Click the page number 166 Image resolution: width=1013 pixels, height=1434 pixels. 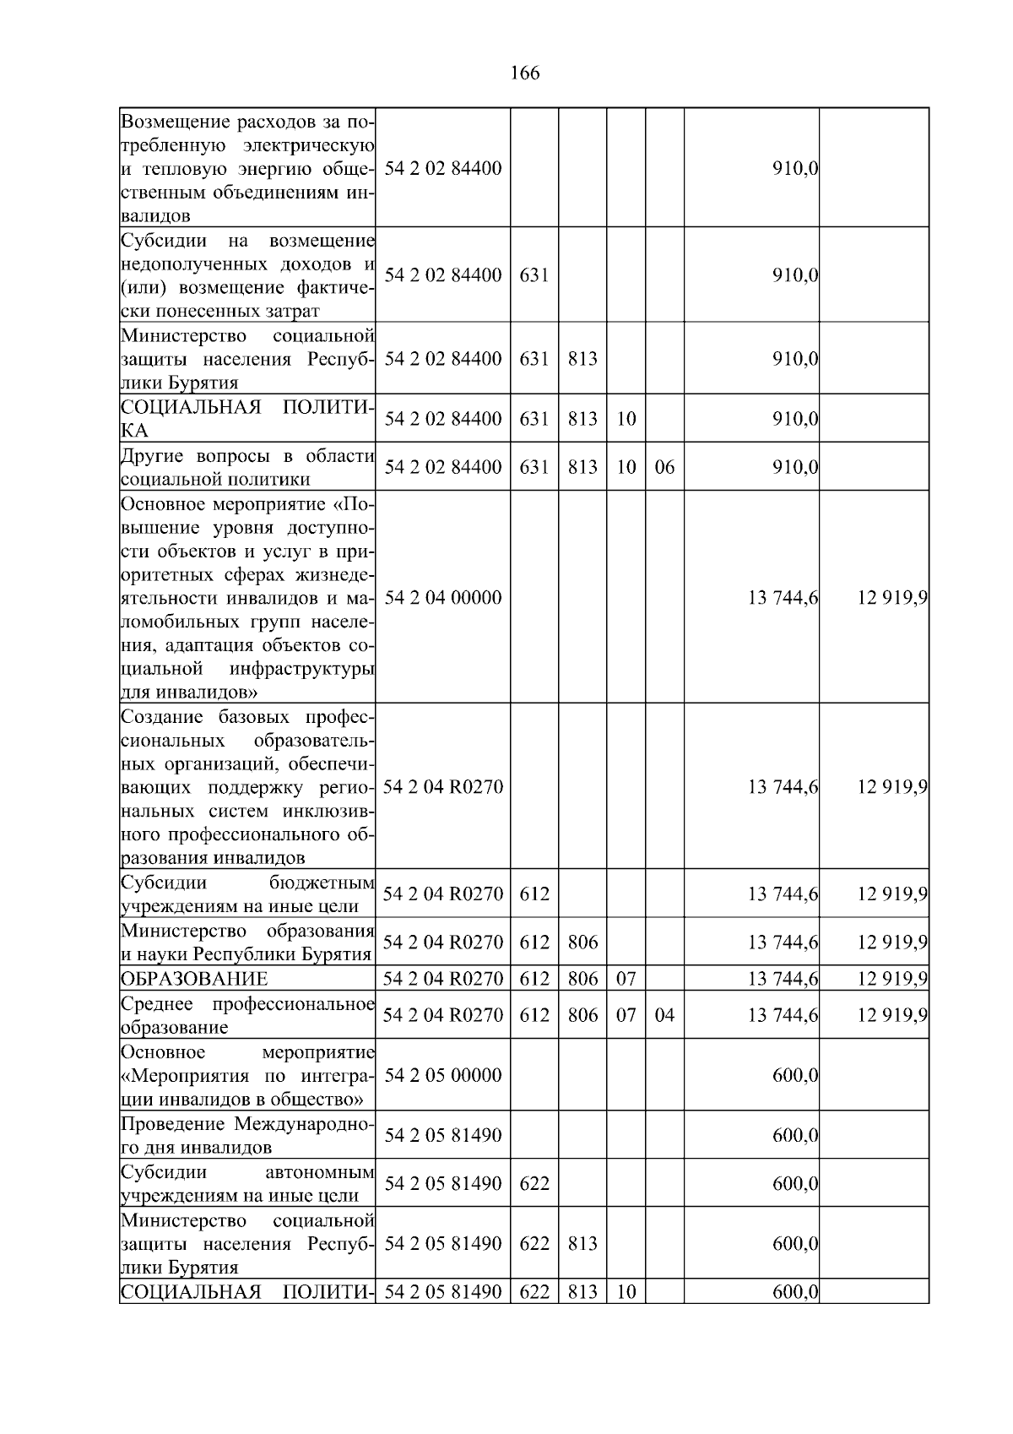tap(525, 73)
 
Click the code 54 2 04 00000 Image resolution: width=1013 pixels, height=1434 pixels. tap(442, 598)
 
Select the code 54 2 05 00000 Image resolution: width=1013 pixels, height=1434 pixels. tap(442, 1075)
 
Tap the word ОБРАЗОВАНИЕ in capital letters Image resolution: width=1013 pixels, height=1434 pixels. tap(194, 979)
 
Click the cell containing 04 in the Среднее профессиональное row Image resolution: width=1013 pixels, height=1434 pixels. tap(664, 1015)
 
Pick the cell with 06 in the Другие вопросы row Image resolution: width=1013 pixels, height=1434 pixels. tap(664, 467)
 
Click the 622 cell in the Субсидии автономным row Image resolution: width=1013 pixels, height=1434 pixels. tap(534, 1184)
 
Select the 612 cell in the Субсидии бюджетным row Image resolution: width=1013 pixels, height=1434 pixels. tap(534, 894)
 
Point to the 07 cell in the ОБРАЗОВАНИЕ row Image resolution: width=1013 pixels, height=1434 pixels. tap(626, 979)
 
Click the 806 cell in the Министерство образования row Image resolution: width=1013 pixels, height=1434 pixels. tap(582, 942)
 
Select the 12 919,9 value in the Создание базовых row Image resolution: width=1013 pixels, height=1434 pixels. tap(892, 787)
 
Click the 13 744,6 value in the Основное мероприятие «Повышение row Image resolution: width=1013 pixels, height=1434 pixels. tap(783, 598)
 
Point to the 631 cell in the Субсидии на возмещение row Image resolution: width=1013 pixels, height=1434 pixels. tap(534, 275)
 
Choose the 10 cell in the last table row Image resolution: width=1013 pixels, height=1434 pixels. tap(626, 1292)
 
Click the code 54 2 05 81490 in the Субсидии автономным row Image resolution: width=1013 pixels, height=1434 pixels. tap(442, 1184)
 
